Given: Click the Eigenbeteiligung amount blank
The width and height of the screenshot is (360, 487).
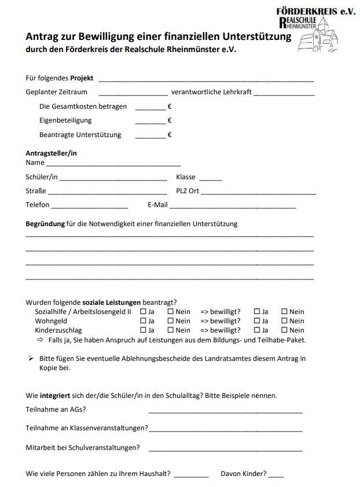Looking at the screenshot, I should coord(150,123).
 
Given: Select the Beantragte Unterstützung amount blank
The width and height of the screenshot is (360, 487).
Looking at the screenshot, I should coord(150,137).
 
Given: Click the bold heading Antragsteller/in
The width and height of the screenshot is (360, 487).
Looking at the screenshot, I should coord(52,153).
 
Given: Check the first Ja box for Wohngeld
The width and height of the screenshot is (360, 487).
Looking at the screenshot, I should coord(144,321).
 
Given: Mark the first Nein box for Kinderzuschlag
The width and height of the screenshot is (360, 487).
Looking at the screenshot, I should coord(171,330).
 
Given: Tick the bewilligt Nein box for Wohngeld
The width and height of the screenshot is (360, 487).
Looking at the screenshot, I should coord(284,321).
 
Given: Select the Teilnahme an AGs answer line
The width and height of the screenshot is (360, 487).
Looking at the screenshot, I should coord(225,412).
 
